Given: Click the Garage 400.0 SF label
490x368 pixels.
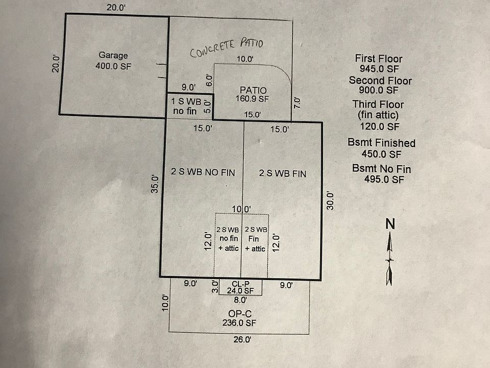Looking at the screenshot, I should [x=113, y=61].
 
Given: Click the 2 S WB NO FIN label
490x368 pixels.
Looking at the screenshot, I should [x=203, y=173].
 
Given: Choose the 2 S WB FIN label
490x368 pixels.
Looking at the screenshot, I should [x=283, y=173].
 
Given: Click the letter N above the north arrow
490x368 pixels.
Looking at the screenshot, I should [x=390, y=224].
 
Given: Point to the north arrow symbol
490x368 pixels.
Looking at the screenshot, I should [x=389, y=259].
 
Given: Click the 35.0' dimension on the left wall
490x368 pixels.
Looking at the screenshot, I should [x=156, y=185].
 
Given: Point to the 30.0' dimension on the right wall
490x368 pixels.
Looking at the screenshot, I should [x=330, y=200].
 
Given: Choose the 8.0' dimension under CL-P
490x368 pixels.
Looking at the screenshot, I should [x=240, y=301].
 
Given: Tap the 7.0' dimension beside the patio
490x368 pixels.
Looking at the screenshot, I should [x=298, y=102].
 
